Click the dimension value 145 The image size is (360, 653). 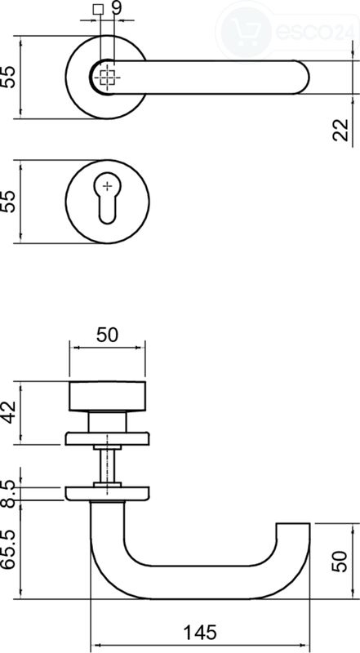point(200,632)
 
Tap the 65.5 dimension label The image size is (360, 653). point(8,549)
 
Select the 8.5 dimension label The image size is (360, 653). point(8,494)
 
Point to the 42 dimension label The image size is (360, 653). point(8,412)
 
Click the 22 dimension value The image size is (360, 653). point(341,130)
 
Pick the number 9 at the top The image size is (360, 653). point(117,8)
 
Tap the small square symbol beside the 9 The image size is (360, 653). point(98,9)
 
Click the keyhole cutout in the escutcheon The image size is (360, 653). point(107,198)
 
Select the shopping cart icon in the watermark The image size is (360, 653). point(247,32)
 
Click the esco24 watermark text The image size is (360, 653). point(312,32)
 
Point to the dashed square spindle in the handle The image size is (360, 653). point(108,78)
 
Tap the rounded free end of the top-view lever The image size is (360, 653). point(301,78)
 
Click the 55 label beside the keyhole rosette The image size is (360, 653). point(8,202)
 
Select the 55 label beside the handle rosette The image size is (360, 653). point(8,77)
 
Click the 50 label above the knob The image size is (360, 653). point(108,335)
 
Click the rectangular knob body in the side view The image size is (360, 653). point(108,396)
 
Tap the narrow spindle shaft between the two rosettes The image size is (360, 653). point(107,466)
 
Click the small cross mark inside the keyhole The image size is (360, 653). point(108,186)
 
